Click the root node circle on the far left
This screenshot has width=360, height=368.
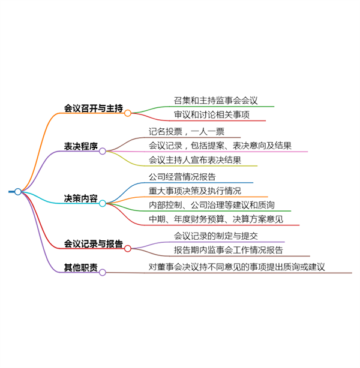pyautogui.click(x=18, y=192)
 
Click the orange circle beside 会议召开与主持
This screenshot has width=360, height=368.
pyautogui.click(x=128, y=113)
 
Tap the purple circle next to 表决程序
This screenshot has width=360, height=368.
pyautogui.click(x=103, y=151)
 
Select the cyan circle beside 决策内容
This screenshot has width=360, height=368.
pyautogui.click(x=103, y=203)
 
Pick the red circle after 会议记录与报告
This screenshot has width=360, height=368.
pyautogui.click(x=128, y=249)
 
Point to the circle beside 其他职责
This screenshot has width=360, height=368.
pyautogui.click(x=103, y=273)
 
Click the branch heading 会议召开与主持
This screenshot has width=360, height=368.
pyautogui.click(x=94, y=108)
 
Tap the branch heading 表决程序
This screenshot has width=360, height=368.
pyautogui.click(x=81, y=146)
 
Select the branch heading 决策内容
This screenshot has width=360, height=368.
pyautogui.click(x=81, y=198)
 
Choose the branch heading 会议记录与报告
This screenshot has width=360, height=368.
pyautogui.click(x=94, y=244)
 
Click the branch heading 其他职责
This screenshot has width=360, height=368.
pyautogui.click(x=81, y=267)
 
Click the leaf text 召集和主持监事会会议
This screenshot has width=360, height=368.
pyautogui.click(x=216, y=101)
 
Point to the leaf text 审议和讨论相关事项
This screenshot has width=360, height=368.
pyautogui.click(x=211, y=114)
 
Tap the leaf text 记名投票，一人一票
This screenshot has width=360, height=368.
pyautogui.click(x=187, y=131)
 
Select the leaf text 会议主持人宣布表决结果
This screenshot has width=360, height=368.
pyautogui.click(x=195, y=160)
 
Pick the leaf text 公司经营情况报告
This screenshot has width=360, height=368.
pyautogui.click(x=182, y=177)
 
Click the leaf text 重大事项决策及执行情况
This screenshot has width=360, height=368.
pyautogui.click(x=195, y=191)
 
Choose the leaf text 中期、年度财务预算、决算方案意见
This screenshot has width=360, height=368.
pyautogui.click(x=216, y=219)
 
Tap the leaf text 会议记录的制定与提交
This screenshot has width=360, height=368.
pyautogui.click(x=216, y=236)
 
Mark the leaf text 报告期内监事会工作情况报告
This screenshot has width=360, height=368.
pyautogui.click(x=229, y=250)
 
